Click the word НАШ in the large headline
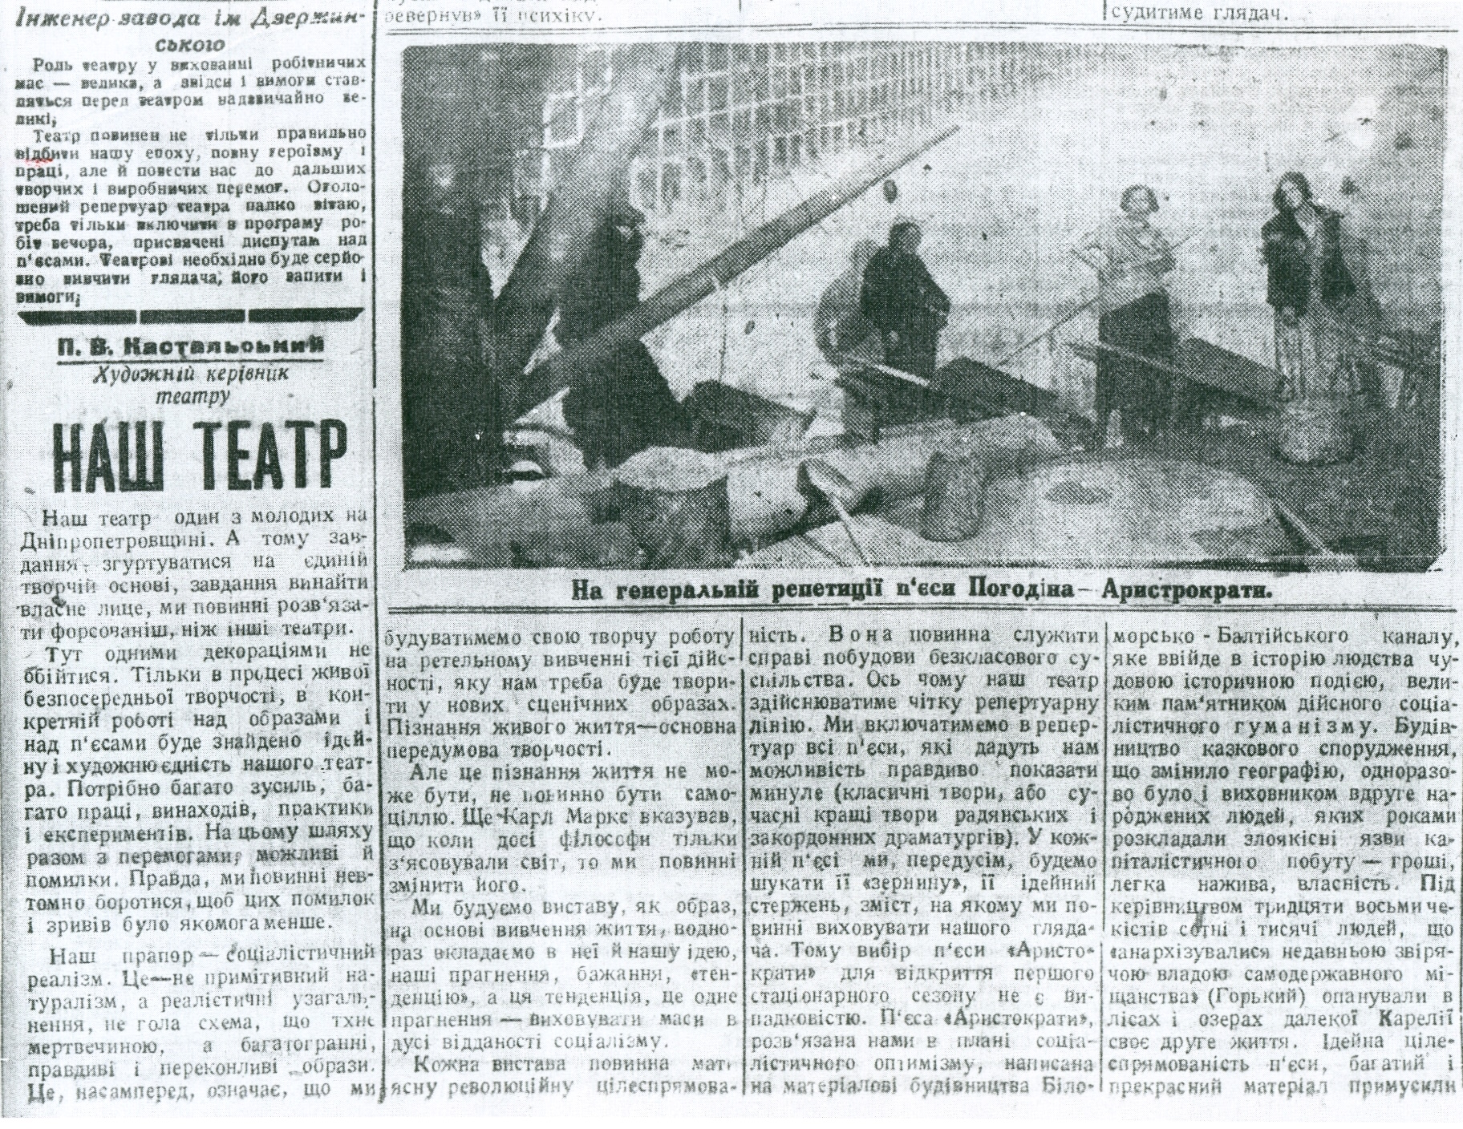(x=103, y=453)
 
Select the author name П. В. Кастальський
(x=190, y=346)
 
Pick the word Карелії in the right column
(x=1413, y=1022)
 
